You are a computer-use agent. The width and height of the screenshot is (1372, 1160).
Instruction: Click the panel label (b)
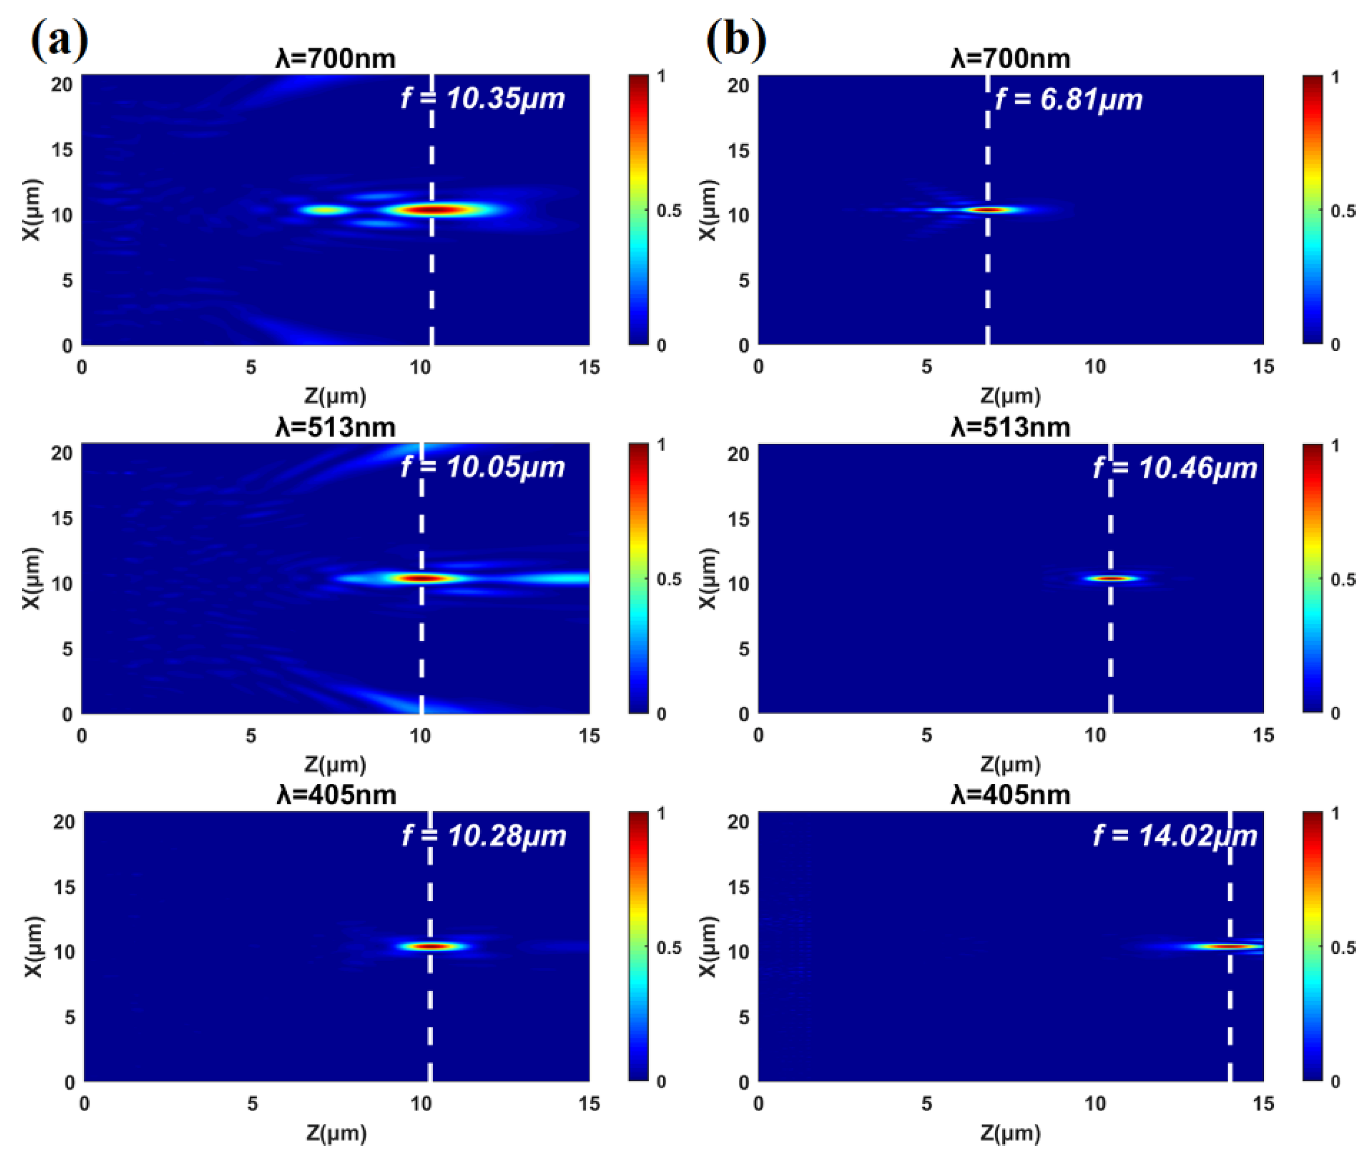(736, 39)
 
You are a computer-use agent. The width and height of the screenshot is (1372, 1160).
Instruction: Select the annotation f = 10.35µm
(483, 99)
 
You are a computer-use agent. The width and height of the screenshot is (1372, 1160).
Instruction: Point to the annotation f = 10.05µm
(483, 467)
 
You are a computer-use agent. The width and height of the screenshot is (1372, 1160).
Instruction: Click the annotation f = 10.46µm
(1175, 468)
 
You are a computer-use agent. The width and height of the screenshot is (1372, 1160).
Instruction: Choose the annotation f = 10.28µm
(484, 836)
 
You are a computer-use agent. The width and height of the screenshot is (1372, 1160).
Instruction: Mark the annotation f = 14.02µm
(1175, 836)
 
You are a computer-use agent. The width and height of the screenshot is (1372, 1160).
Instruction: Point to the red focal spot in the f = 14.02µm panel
(1229, 946)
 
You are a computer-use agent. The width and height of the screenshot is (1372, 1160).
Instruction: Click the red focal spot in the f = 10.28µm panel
(431, 946)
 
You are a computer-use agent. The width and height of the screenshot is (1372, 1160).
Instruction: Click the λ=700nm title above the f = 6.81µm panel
(1011, 59)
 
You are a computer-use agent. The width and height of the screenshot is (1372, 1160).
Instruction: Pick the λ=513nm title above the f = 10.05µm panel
(335, 428)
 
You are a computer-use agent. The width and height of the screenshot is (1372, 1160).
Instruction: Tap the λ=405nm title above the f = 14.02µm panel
(1011, 795)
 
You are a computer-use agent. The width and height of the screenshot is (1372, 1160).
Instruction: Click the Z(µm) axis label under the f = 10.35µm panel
(335, 396)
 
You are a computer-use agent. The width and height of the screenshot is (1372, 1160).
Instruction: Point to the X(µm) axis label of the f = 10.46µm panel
(707, 578)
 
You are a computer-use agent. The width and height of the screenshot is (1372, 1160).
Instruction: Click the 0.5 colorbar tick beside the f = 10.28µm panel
(669, 948)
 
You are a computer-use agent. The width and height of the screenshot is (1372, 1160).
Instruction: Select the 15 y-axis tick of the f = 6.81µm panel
(738, 151)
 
